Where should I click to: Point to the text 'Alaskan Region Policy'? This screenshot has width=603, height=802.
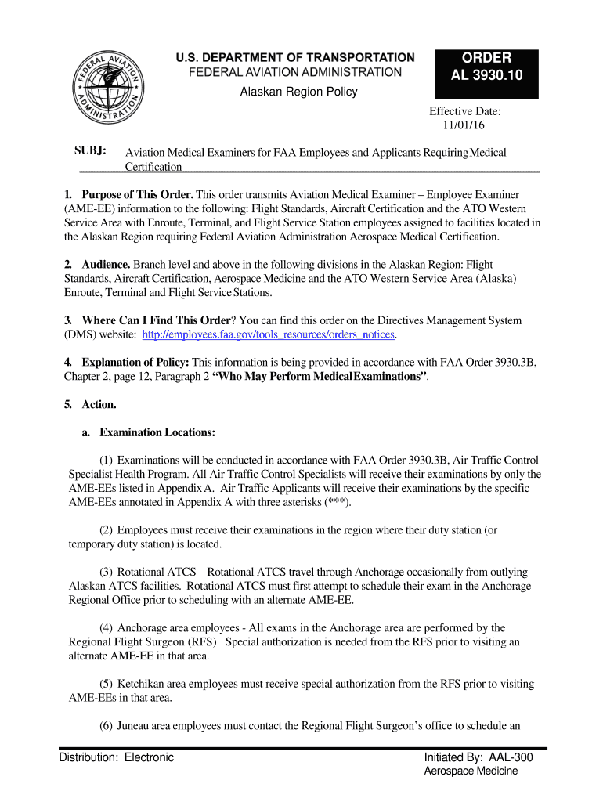coord(298,92)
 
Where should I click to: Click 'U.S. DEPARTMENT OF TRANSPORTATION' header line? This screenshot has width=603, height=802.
coord(294,57)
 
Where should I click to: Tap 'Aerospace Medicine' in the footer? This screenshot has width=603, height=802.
coord(471,771)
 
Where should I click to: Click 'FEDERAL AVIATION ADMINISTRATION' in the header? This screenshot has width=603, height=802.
coord(297,72)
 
